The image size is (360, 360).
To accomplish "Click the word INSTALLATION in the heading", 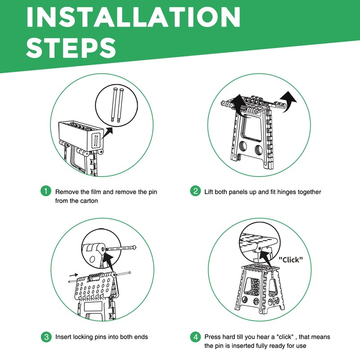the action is point(133,17).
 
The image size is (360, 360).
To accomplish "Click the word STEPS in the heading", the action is point(71,48).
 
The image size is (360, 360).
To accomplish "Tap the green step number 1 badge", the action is point(46,191).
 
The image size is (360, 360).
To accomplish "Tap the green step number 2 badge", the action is point(195,191).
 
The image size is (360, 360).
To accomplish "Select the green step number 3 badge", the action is point(46,337).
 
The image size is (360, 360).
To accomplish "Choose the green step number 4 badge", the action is point(195,337).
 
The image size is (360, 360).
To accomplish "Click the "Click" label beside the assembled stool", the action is point(291,260).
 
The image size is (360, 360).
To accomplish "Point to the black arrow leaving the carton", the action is point(107,133).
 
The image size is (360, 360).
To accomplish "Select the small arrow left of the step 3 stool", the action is point(73,275).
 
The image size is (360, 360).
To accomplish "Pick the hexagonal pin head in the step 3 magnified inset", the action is point(134,247).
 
